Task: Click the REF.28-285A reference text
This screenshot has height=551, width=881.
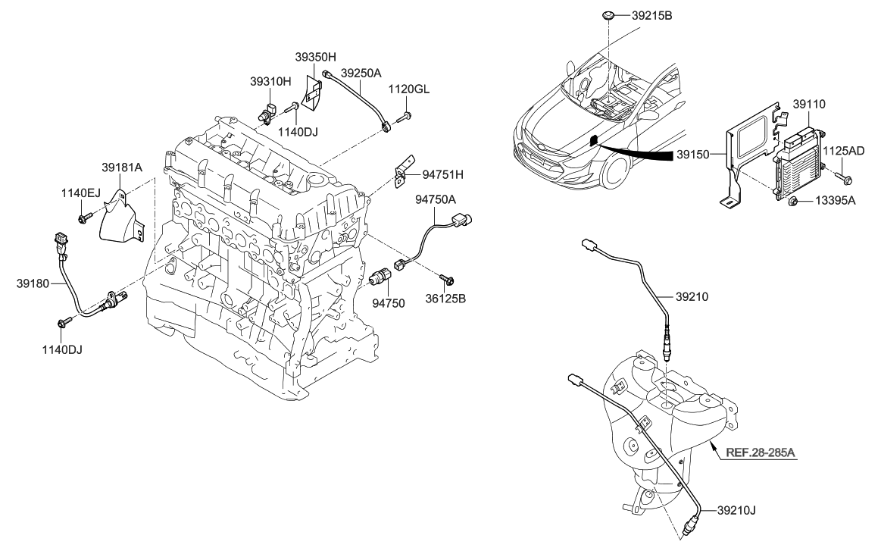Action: click(761, 455)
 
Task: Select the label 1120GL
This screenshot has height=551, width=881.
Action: click(408, 89)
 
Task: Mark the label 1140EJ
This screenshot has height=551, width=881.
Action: click(81, 194)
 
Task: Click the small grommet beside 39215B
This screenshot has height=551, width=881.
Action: click(608, 15)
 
